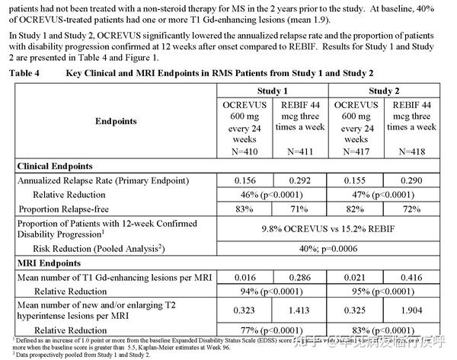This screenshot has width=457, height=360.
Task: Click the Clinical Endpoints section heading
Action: (x=55, y=166)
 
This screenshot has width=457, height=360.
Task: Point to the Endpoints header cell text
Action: (x=117, y=121)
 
